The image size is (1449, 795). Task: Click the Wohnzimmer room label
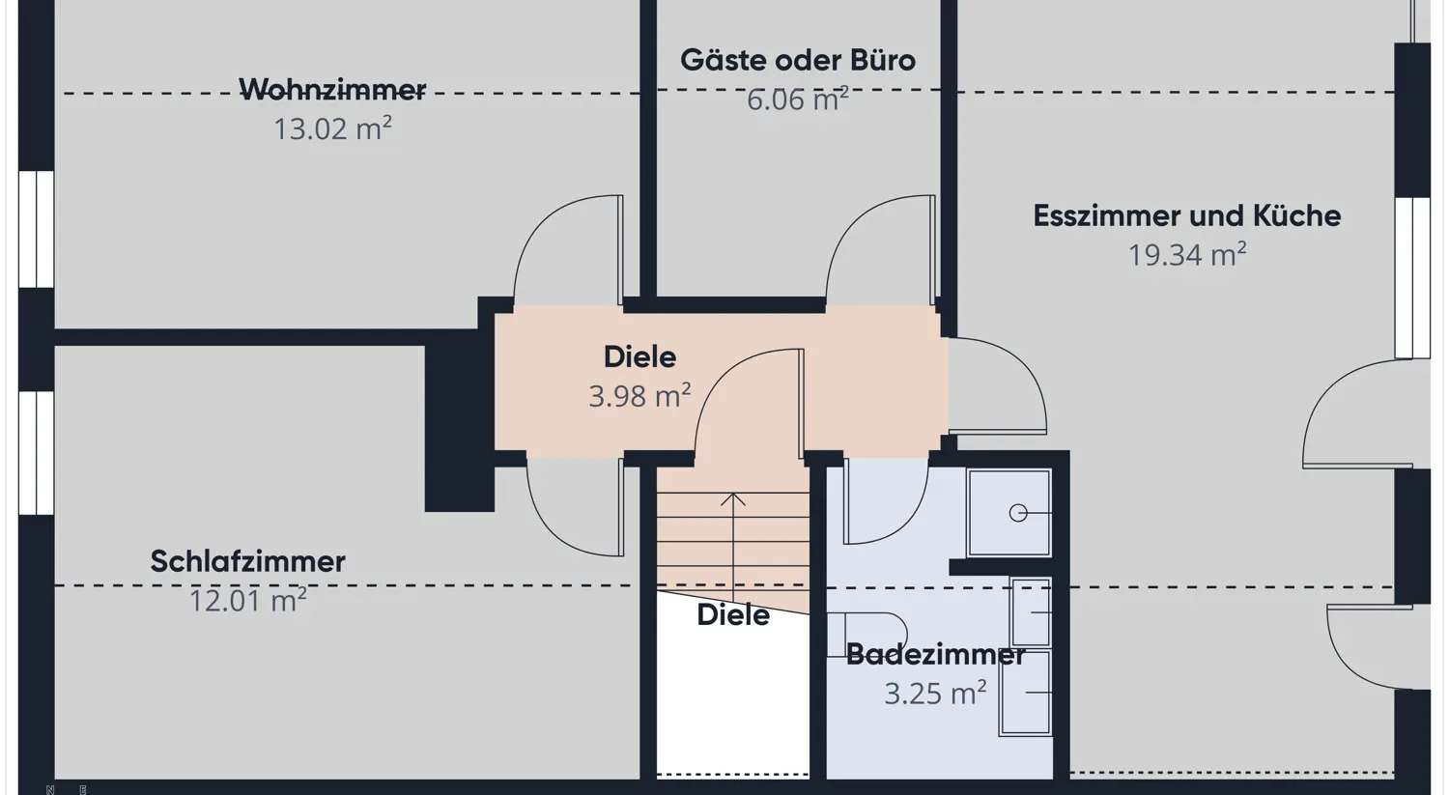(x=332, y=90)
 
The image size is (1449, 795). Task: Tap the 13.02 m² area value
(x=332, y=128)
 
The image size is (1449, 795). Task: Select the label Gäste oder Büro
(x=797, y=60)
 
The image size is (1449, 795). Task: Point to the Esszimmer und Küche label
(x=1186, y=215)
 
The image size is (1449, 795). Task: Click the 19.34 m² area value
(x=1186, y=255)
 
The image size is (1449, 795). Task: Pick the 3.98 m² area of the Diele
(x=639, y=396)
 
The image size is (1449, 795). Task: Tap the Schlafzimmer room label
(x=247, y=561)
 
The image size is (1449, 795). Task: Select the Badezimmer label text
(x=935, y=654)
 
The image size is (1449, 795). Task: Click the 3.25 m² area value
(x=935, y=694)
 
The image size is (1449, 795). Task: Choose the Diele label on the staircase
(x=733, y=614)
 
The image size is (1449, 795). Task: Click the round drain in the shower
(x=1018, y=513)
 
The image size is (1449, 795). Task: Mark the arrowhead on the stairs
(x=733, y=499)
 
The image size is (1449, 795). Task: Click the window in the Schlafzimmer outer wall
(x=37, y=452)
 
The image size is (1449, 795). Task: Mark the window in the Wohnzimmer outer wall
(x=37, y=229)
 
